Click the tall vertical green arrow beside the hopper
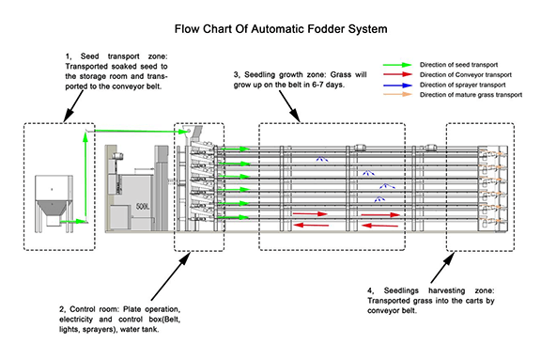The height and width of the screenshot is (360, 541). pos(86,179)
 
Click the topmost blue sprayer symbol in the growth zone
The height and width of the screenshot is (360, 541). pos(321,159)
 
